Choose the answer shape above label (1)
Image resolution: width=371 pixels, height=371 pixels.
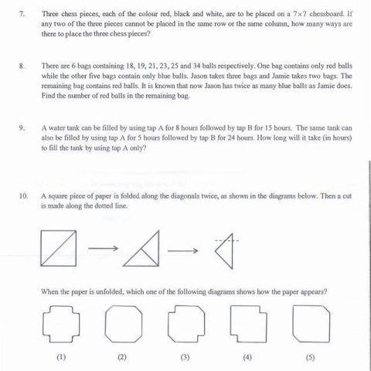point(59,321)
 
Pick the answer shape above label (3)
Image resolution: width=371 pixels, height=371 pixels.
point(184,321)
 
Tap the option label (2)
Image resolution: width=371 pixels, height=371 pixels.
point(121,357)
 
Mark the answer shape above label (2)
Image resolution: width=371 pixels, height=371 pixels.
point(121,321)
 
